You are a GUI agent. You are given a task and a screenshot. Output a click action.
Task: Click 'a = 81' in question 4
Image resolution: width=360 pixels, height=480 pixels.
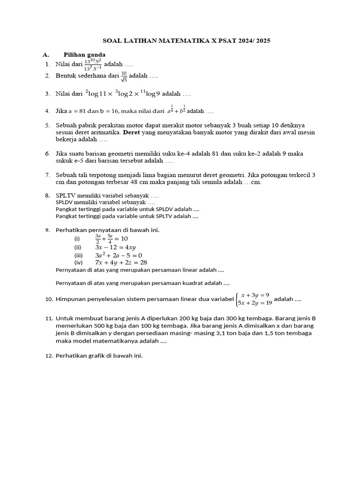point(75,112)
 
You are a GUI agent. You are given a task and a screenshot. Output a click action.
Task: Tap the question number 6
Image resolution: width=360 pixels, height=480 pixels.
point(47,154)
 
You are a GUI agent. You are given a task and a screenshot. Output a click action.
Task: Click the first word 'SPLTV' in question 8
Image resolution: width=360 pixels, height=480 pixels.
point(65,195)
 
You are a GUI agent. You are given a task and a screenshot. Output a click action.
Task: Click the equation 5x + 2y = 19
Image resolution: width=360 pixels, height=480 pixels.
point(255,303)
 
